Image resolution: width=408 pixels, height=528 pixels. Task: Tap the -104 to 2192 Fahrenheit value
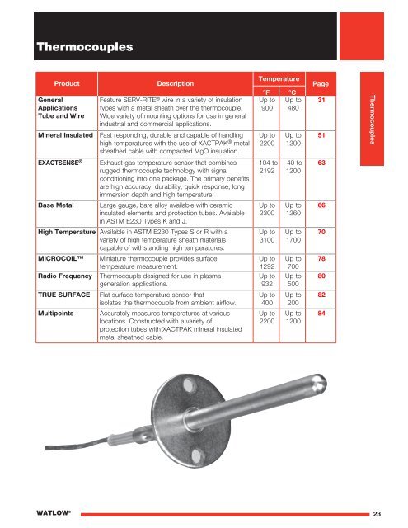click(x=266, y=169)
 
